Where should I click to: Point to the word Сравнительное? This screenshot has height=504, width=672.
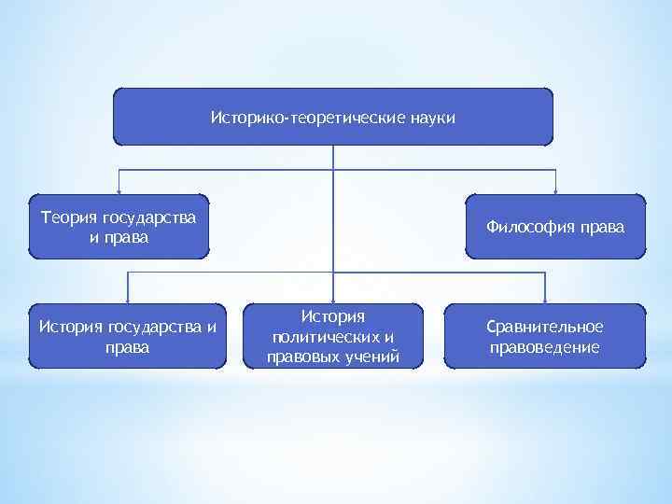click(545, 327)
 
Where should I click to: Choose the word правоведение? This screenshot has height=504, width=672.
click(545, 347)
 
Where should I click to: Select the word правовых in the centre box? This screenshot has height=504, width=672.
click(300, 357)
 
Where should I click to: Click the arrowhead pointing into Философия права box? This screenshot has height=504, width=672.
click(556, 190)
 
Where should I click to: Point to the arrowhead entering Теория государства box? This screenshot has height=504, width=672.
click(119, 190)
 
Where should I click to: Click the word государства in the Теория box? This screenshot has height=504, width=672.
click(150, 217)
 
